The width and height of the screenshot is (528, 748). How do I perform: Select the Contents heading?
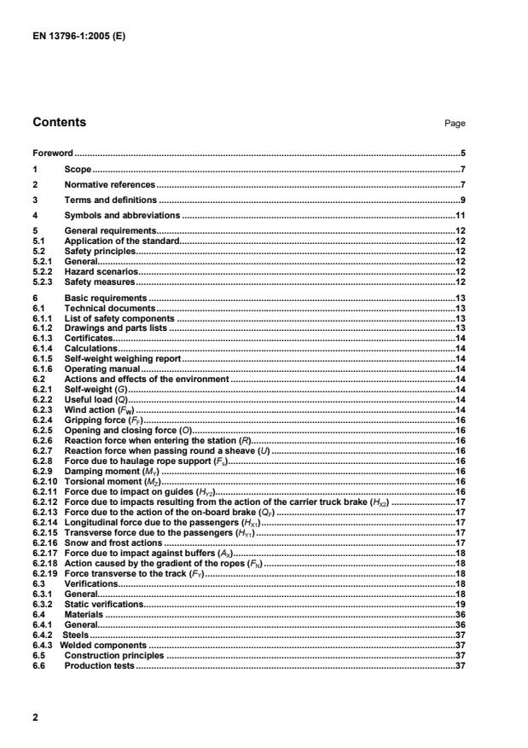coord(59,122)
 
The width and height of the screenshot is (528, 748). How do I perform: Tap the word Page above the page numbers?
coord(455,124)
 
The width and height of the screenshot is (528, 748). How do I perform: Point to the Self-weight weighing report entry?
coord(122,360)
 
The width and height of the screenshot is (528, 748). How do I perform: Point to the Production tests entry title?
coord(99,665)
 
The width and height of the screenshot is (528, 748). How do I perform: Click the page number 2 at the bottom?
coord(36,718)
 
